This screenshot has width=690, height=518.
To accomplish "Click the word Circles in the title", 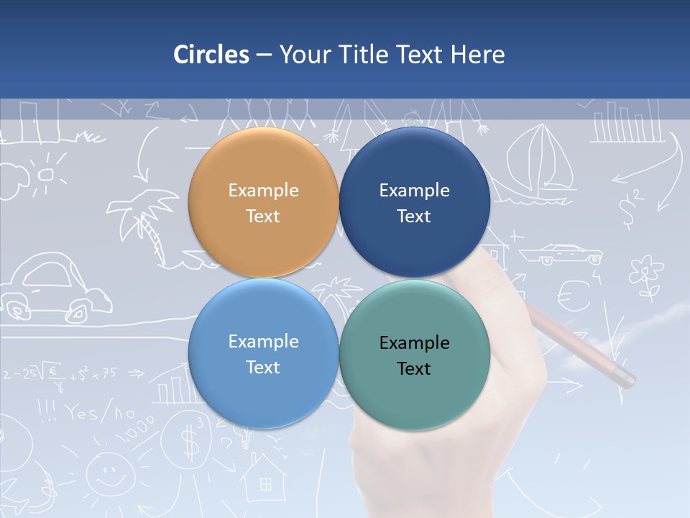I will click(x=211, y=55).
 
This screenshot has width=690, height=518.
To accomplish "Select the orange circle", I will click(x=263, y=203).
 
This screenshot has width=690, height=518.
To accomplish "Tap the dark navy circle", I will click(x=414, y=203).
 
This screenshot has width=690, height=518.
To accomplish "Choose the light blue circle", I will click(x=263, y=354).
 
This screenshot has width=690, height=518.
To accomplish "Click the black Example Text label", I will click(x=414, y=355).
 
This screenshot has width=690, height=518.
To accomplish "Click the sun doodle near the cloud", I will click(x=46, y=173).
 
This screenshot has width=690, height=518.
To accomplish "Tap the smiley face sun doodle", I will click(x=109, y=475).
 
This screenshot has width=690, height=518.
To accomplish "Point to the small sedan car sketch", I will click(x=561, y=254).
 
